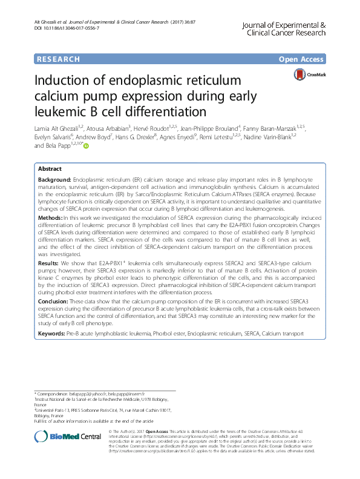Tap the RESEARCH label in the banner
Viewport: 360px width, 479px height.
(x=58, y=59)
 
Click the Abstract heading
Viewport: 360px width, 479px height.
(x=50, y=170)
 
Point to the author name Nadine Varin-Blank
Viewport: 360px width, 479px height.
(x=284, y=137)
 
